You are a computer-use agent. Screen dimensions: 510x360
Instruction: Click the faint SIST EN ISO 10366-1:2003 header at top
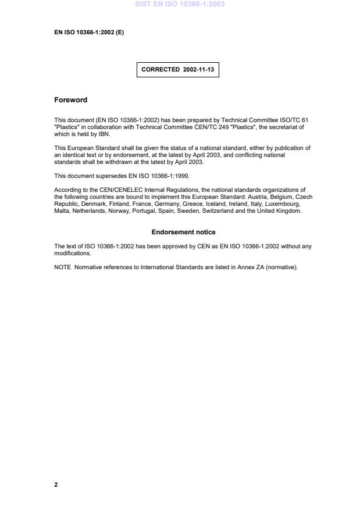[x=180, y=4]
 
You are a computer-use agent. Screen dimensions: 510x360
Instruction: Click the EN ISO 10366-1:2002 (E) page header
[x=88, y=33]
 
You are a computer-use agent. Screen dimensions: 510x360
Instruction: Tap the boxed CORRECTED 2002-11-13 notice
[x=177, y=69]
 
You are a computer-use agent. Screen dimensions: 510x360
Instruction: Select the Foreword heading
[x=70, y=100]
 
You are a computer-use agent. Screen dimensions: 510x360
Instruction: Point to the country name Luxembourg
[x=281, y=204]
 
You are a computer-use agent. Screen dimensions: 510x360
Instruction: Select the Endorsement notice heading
[x=180, y=233]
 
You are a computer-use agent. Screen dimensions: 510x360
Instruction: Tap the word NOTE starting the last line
[x=62, y=268]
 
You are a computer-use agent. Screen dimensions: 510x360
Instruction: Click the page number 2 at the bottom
[x=56, y=484]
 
